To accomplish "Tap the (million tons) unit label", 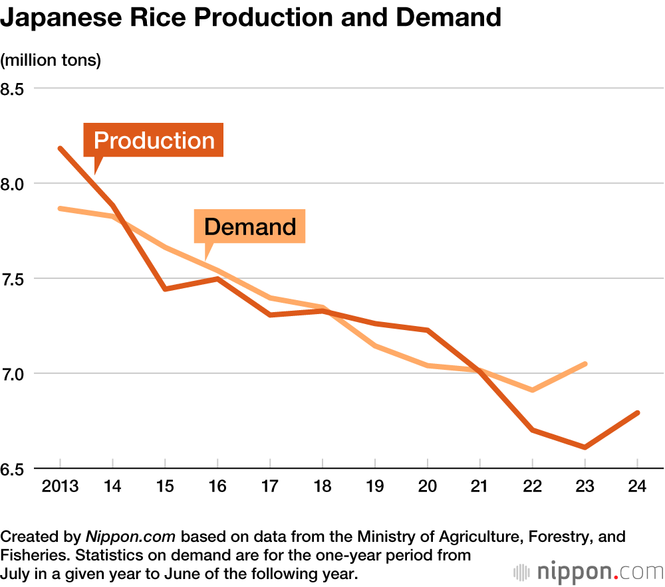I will [51, 60].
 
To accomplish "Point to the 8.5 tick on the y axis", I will [12, 88].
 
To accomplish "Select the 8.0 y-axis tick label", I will [12, 183].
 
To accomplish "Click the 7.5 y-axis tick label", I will [12, 278].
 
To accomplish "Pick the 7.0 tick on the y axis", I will [12, 373].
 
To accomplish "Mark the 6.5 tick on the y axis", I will [12, 468].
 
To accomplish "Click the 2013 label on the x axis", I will [60, 486].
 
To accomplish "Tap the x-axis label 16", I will [217, 486].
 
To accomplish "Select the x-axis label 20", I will [428, 486].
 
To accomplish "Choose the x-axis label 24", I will [638, 486].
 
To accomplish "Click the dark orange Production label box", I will [154, 140].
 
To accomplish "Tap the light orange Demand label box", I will [249, 226].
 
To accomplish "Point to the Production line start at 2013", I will [61, 148].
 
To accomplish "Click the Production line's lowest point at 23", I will [585, 448].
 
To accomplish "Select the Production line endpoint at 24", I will [638, 413].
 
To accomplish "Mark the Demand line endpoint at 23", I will [585, 364].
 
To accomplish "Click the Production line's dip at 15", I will [165, 289].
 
